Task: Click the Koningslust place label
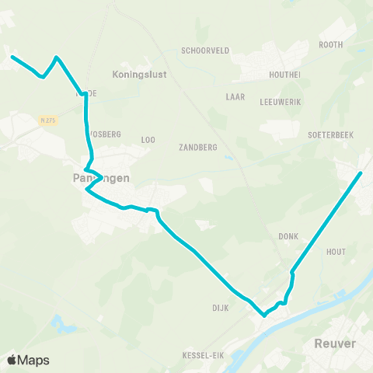coord(134,75)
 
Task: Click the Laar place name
coord(235,98)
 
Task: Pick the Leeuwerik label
coord(281,102)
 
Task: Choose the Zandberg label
coord(197,147)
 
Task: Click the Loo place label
coord(148,140)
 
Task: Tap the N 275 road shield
coord(47,119)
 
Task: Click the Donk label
coord(288,235)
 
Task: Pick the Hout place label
coord(336,252)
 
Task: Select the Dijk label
coord(219,307)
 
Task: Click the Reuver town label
coord(335,343)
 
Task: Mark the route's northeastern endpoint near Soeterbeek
coord(361,173)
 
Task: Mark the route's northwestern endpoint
coord(12,56)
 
